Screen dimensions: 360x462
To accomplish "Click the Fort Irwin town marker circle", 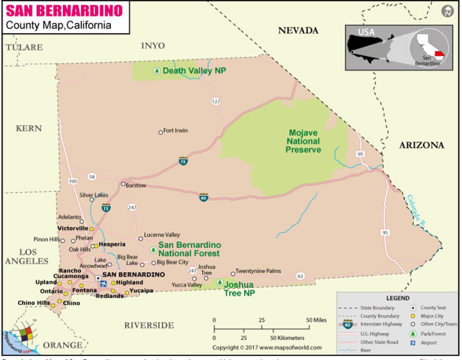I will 161,132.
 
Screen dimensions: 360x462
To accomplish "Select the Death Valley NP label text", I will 194,71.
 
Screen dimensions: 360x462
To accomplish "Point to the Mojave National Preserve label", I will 303,141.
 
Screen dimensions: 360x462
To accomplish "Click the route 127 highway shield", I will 216,102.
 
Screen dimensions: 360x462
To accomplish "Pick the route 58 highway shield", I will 91,177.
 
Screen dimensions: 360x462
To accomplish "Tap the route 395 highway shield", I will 72,181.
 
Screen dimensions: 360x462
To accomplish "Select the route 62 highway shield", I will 300,276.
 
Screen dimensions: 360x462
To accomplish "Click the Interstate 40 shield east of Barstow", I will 204,198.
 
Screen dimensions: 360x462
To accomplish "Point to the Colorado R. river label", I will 416,208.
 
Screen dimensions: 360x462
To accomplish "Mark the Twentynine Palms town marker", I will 233,274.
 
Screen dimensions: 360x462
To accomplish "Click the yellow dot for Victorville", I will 92,229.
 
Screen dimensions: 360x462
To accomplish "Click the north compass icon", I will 447,11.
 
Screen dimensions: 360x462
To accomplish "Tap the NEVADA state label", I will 298,31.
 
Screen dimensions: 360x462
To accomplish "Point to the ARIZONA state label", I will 421,145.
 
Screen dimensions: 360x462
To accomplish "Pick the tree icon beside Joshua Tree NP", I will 219,283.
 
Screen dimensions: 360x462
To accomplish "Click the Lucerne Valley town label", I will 162,235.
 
